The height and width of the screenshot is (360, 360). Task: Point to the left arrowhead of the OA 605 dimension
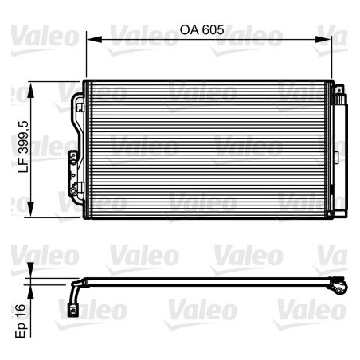(89, 38)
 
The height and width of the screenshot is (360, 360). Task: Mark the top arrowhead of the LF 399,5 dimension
(31, 85)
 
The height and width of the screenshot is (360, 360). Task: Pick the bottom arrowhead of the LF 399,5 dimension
(31, 213)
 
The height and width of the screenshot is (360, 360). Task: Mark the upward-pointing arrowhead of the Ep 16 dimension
(31, 289)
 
